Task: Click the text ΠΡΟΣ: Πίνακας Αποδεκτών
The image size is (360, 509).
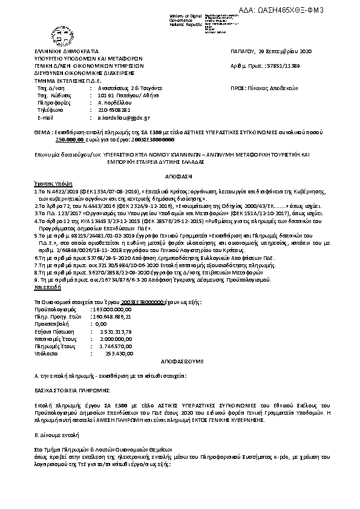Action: [265, 88]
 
